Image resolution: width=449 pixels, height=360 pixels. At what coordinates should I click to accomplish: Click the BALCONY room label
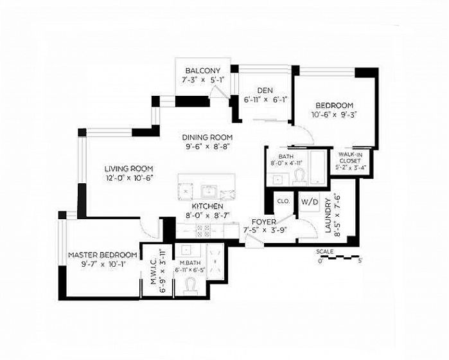pos(203,71)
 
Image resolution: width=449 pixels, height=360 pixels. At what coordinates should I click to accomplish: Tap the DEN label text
pos(265,91)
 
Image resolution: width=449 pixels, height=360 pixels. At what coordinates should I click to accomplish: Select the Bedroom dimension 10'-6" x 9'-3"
pos(334,114)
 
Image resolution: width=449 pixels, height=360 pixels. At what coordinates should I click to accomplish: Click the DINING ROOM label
pos(207,138)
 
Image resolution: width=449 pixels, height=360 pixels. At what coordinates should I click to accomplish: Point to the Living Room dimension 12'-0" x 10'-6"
pos(128,178)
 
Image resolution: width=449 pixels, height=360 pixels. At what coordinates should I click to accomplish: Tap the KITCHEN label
pos(207,206)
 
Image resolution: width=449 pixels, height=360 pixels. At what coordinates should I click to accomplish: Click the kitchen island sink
pos(209,192)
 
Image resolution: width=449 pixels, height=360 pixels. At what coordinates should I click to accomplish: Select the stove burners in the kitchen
pos(203,231)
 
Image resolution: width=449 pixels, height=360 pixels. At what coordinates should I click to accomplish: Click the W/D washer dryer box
pos(310,202)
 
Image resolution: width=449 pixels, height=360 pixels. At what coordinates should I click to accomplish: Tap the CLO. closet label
pos(283,201)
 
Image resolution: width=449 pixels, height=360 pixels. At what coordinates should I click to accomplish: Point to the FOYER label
pos(264,222)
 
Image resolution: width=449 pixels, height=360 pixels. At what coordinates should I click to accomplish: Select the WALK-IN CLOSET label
pos(349,157)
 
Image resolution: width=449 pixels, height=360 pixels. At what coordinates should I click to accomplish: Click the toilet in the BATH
pos(300,176)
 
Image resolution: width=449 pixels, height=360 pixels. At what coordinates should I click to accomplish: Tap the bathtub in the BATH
pos(317,167)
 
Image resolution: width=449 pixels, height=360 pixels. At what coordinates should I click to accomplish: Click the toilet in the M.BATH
pos(191,286)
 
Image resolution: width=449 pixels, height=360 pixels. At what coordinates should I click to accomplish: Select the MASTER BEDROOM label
pos(103,255)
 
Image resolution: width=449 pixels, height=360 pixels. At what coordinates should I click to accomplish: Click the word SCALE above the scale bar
pos(325,251)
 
